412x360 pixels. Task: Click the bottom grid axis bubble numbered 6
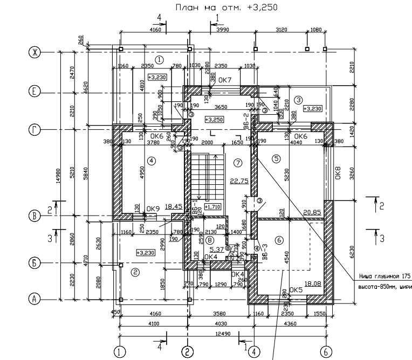pos(326,352)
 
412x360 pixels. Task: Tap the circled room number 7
pos(237,162)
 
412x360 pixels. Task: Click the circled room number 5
pos(277,158)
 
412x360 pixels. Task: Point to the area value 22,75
pos(239,181)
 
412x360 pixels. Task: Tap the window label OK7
pos(225,81)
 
